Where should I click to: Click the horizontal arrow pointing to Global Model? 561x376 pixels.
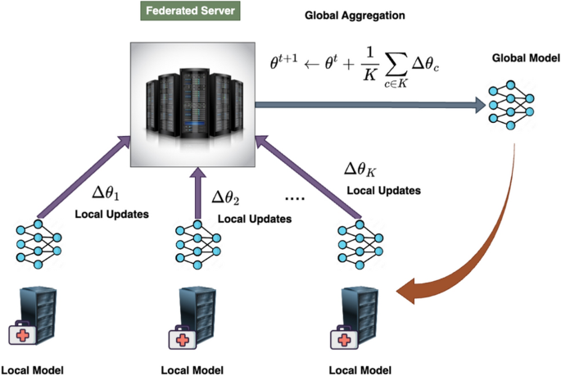click(369, 104)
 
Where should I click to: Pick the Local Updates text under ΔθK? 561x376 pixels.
click(383, 190)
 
